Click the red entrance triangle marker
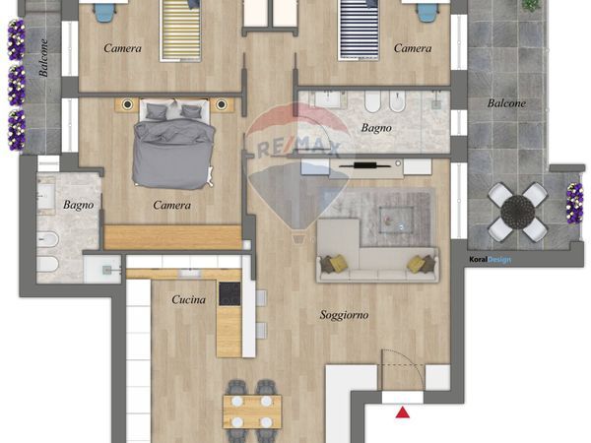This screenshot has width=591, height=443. click(403, 412)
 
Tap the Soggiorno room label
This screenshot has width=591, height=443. click(344, 315)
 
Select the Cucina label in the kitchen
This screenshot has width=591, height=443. click(188, 300)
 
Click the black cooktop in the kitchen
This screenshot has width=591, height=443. click(230, 293)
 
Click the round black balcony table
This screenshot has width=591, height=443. click(517, 212)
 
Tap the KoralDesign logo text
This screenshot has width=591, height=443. click(491, 260)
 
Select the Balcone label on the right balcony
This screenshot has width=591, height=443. click(506, 103)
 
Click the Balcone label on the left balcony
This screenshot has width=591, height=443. click(43, 58)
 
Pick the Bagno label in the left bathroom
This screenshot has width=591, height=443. click(79, 206)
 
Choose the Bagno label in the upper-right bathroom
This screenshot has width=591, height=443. click(376, 128)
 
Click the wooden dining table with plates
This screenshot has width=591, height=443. click(252, 411)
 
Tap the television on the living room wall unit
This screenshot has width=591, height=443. click(363, 164)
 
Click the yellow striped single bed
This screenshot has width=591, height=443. click(180, 31)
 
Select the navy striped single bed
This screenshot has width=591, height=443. click(359, 31)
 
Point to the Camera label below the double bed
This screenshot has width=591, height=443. click(171, 206)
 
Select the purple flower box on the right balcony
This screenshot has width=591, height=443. click(574, 204)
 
